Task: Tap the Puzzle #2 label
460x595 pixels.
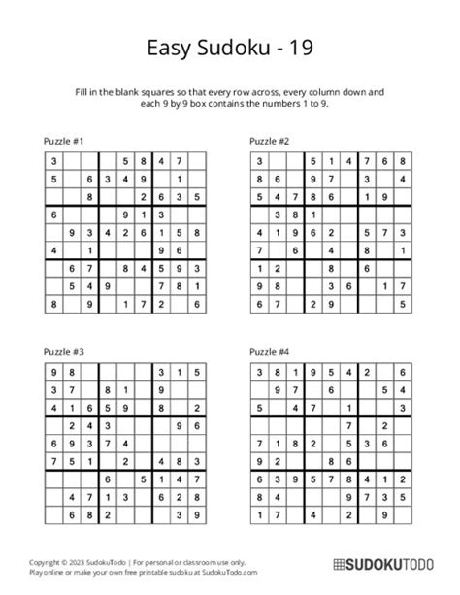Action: coord(269,140)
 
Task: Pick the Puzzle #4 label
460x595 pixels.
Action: coord(269,351)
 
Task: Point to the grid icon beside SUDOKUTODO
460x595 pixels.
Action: coord(338,564)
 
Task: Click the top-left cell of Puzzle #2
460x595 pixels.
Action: coord(258,161)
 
